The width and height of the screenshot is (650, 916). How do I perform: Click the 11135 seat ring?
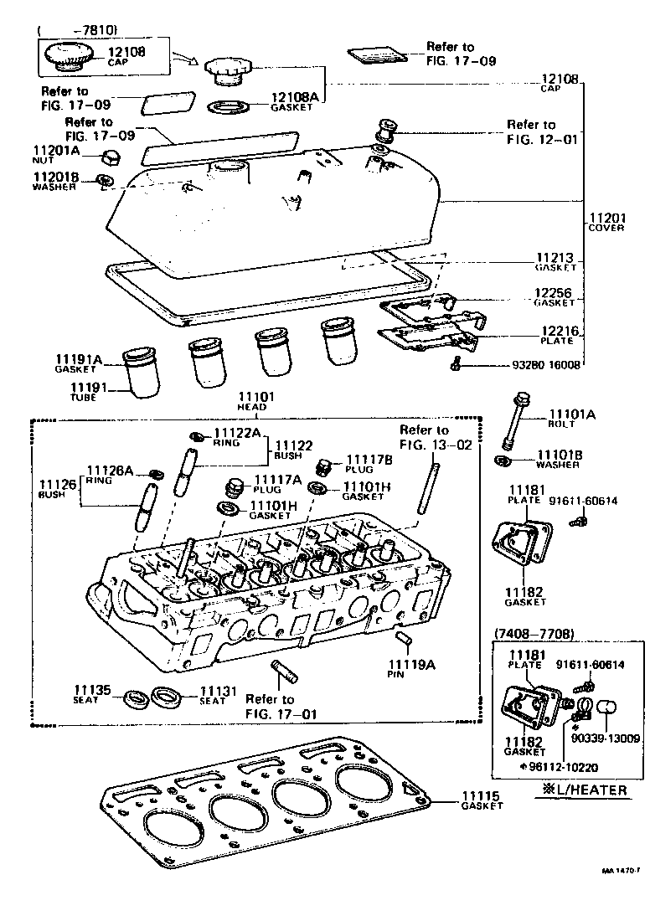(133, 697)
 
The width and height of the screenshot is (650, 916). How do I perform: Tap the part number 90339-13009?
(606, 738)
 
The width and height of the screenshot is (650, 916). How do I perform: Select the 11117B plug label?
(369, 460)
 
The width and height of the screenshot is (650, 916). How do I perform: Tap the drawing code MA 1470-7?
(620, 872)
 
